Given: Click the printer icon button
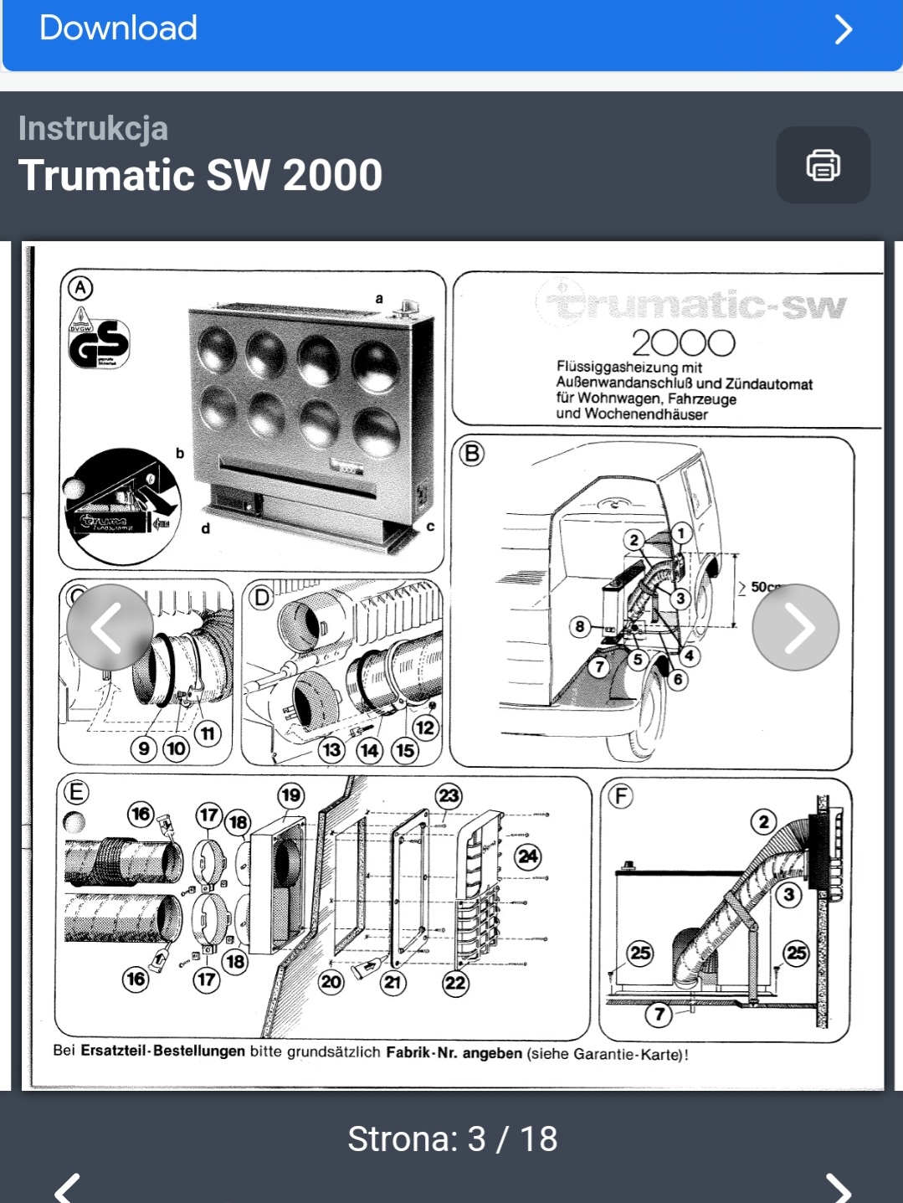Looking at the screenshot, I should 823,165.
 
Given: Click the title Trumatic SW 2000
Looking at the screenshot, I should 201,176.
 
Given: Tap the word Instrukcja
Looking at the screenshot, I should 94,129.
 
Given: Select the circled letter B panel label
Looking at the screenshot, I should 472,454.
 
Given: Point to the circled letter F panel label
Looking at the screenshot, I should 620,795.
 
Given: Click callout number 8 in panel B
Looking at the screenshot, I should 579,626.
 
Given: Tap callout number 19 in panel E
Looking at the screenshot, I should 290,795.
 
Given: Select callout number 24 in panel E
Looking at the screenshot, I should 528,856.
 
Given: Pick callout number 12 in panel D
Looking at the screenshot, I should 424,727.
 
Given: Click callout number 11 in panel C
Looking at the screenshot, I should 207,733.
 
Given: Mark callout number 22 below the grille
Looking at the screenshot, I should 455,982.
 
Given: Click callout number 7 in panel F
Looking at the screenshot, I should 659,1015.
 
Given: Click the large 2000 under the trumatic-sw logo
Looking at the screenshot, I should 683,343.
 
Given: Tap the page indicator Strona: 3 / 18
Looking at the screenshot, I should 452,1139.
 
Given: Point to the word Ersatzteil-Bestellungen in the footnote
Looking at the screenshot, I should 162,1051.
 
